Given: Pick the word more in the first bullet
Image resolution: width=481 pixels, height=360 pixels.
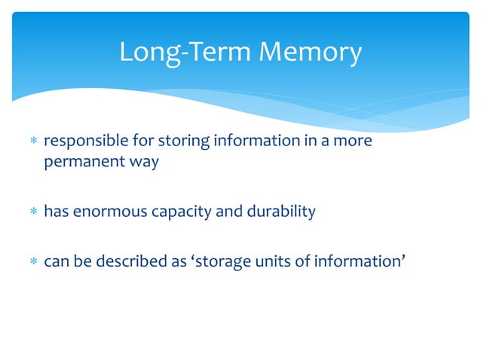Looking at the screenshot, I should click(x=354, y=142).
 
